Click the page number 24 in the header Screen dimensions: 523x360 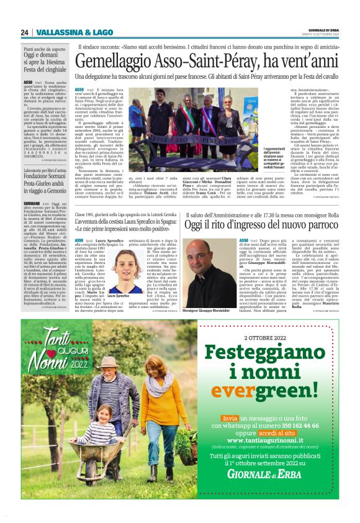click(25, 32)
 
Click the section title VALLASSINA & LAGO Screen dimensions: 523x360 click(65, 32)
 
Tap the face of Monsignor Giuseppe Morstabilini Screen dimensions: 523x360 click(206, 269)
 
